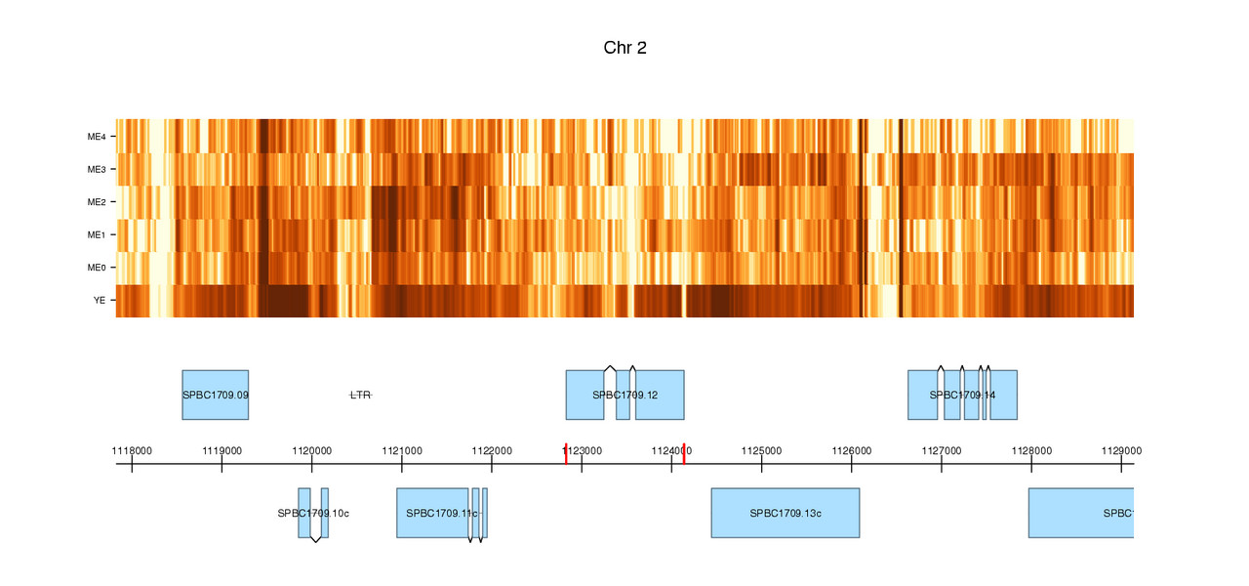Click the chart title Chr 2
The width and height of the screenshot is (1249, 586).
tap(624, 48)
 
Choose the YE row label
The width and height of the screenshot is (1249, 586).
tap(101, 301)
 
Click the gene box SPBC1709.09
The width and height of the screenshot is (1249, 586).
tap(216, 395)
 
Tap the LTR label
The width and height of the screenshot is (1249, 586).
tap(360, 396)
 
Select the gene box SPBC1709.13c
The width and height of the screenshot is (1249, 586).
tap(786, 513)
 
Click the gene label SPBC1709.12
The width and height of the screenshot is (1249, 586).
tap(624, 396)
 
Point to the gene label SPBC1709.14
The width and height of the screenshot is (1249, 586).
tap(962, 396)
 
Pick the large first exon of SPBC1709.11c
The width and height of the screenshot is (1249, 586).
tap(432, 513)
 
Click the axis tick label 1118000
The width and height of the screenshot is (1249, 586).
tap(132, 450)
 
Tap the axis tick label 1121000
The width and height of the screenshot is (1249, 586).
tap(402, 450)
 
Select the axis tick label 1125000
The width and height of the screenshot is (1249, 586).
tap(761, 450)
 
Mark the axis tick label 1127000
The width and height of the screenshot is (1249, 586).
tap(941, 450)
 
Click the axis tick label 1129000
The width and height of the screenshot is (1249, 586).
tap(1121, 450)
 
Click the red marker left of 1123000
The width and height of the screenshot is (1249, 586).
tap(566, 454)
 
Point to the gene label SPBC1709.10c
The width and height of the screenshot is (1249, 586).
tap(312, 513)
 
